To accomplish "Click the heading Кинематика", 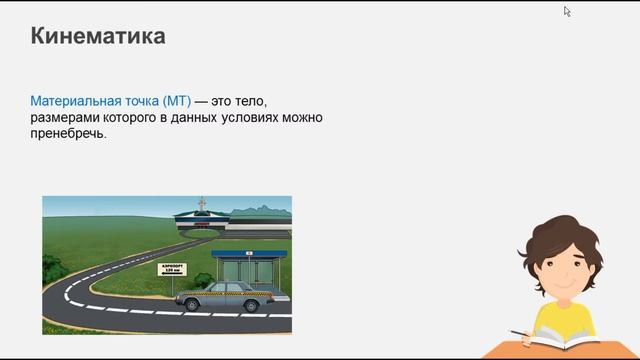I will pyautogui.click(x=98, y=37).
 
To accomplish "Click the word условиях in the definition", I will pyautogui.click(x=253, y=119).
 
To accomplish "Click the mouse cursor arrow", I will pyautogui.click(x=567, y=12).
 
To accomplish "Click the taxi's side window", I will pyautogui.click(x=226, y=288).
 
